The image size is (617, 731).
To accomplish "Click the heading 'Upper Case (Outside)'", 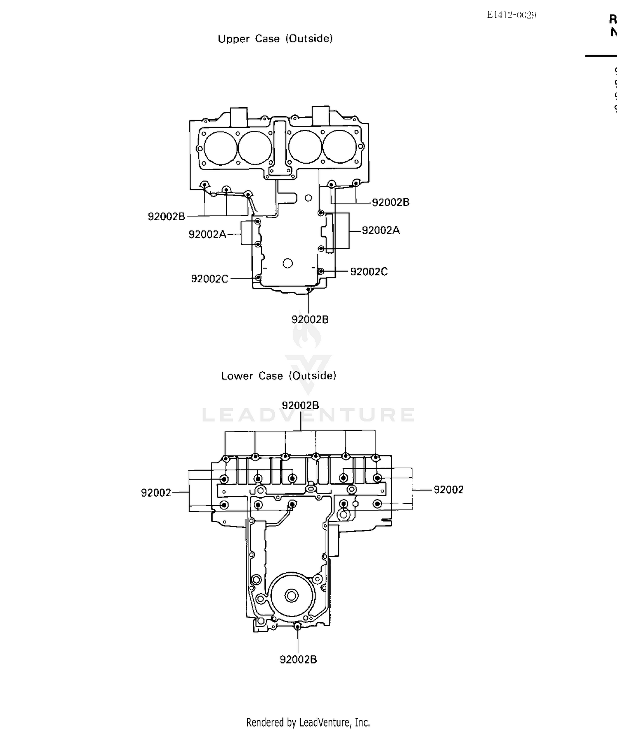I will coord(275,39).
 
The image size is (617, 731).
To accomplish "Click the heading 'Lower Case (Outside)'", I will coord(278,376).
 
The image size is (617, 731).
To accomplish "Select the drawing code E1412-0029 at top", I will coord(511,15).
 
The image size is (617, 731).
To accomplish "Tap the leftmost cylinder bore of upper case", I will coord(220,148).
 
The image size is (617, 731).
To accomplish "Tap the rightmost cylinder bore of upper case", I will coord(340,147).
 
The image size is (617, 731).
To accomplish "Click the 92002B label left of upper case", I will coord(166,216).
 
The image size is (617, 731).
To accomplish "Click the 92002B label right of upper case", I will coord(390,202).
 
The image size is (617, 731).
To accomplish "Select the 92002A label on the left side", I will coord(207,234).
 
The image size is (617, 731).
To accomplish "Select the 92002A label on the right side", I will coord(380,230).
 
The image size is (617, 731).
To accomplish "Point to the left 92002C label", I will coord(209,279).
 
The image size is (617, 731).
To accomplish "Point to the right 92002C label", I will coord(369,272).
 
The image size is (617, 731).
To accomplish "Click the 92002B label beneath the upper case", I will coord(310,319).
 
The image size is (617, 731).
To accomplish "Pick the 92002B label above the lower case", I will coord(300,405).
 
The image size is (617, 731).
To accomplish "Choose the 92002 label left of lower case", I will coord(156,493).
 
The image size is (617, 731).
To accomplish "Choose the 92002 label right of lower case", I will coord(448,490).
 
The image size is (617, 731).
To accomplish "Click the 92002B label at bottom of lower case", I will coord(298,659).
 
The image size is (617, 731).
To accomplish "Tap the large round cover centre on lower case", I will coord(292,595).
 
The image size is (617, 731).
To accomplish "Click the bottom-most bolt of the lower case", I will coord(298,627).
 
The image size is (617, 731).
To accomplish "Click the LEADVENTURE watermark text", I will coord(308,415).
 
